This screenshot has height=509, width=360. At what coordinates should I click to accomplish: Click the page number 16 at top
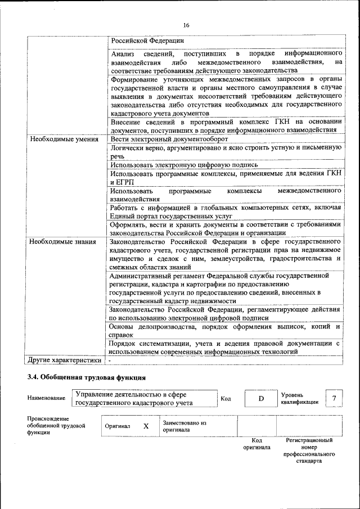tap(186, 25)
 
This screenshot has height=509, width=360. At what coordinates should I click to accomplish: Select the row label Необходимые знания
tap(62, 242)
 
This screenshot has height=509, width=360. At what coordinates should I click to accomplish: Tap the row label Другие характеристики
tap(65, 360)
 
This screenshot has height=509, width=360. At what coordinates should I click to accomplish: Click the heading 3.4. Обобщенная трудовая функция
tap(87, 377)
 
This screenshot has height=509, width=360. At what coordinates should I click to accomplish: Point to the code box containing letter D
tap(261, 399)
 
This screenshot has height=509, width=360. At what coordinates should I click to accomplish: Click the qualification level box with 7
tap(334, 399)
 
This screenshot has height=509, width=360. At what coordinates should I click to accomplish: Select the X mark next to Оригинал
tap(146, 426)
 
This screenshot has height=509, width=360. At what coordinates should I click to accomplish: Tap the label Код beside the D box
tap(226, 399)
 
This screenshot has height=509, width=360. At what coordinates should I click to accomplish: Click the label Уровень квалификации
tap(300, 398)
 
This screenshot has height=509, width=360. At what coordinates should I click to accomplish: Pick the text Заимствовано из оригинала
tap(184, 426)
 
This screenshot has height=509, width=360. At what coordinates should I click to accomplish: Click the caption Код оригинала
tap(256, 444)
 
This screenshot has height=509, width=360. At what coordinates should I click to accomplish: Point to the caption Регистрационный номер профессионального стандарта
tap(309, 451)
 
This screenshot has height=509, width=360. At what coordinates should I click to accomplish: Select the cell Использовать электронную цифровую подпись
tap(184, 165)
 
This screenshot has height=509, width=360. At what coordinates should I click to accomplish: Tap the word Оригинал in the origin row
tap(118, 426)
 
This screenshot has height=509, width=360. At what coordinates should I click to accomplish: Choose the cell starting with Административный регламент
tap(219, 289)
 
